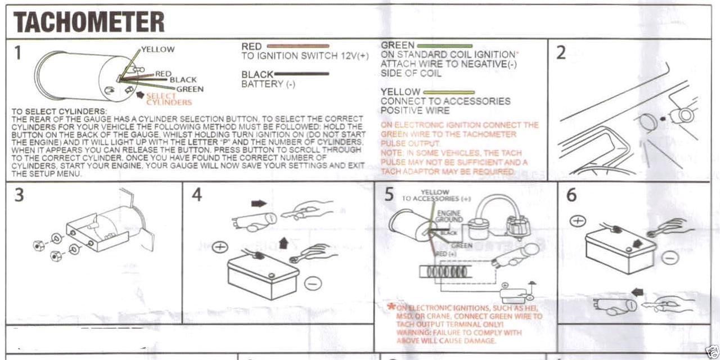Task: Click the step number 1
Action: [x=18, y=53]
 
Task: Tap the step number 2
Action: [x=561, y=53]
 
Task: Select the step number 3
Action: [x=18, y=195]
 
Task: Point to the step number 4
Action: [x=196, y=195]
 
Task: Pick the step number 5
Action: [x=389, y=195]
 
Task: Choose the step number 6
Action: [x=571, y=195]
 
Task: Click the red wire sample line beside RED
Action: [x=296, y=46]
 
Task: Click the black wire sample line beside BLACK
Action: [x=301, y=74]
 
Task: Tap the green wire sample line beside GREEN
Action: [x=444, y=45]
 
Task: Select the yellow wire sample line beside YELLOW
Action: [x=448, y=92]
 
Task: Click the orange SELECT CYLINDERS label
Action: [x=169, y=99]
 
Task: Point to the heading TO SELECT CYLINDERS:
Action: [x=59, y=111]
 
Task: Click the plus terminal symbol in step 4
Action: [x=220, y=247]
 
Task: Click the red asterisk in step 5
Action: [x=391, y=307]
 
